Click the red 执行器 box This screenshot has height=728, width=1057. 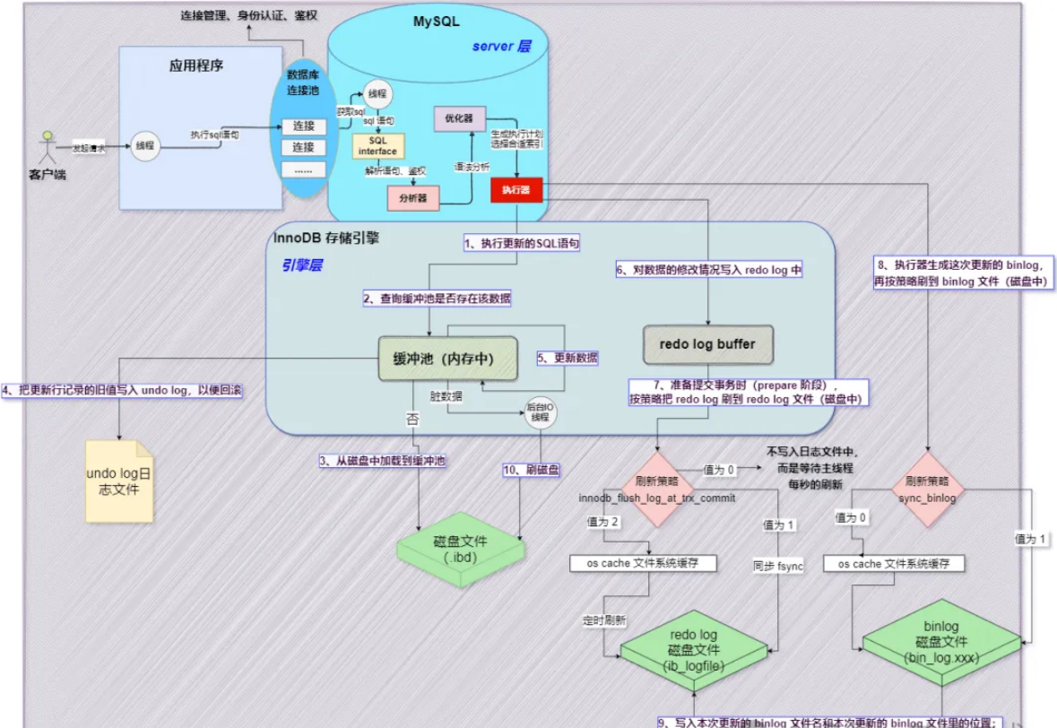pyautogui.click(x=516, y=190)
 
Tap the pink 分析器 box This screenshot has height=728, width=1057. pyautogui.click(x=412, y=197)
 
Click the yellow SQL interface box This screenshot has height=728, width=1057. pyautogui.click(x=377, y=146)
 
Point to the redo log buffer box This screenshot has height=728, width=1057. pyautogui.click(x=707, y=343)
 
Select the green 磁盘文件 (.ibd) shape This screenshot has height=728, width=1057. pyautogui.click(x=462, y=550)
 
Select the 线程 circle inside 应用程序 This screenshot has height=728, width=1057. pyautogui.click(x=145, y=145)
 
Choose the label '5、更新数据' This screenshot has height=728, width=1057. pyautogui.click(x=567, y=357)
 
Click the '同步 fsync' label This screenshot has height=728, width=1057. pyautogui.click(x=778, y=567)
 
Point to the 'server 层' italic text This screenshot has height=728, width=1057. pyautogui.click(x=502, y=46)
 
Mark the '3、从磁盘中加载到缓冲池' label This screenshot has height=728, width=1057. pyautogui.click(x=383, y=461)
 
